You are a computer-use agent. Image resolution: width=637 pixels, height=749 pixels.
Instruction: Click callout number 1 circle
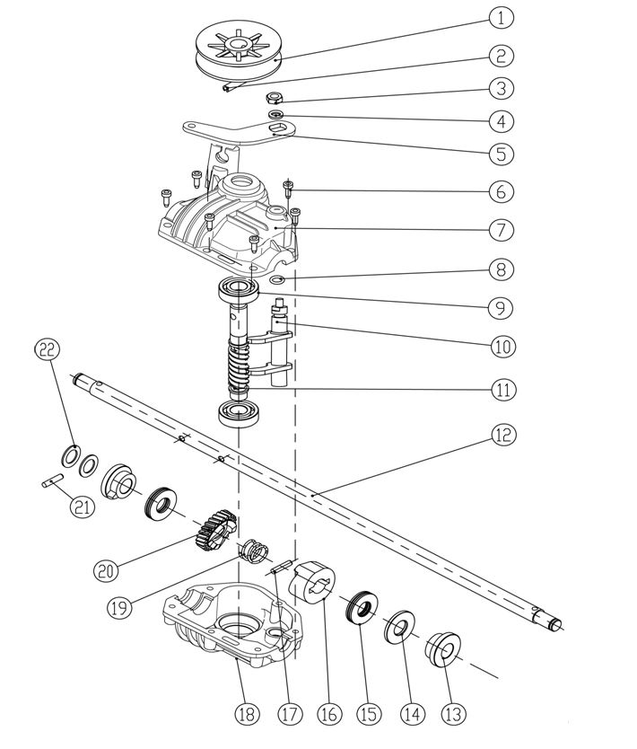point(502,17)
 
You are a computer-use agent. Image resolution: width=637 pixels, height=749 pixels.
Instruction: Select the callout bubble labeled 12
point(502,435)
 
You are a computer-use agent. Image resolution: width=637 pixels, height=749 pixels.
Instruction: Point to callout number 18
point(246,714)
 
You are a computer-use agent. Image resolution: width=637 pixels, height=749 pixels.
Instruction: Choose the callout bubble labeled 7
point(502,229)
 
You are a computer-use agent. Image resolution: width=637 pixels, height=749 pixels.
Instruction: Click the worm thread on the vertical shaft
point(237,368)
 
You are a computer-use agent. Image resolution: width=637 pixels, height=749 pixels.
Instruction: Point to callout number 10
point(502,344)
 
